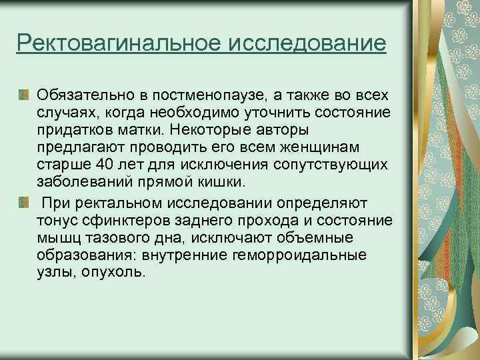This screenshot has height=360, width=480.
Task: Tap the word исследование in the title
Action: pyautogui.click(x=307, y=45)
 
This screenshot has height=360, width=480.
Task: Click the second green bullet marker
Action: pyautogui.click(x=24, y=201)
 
